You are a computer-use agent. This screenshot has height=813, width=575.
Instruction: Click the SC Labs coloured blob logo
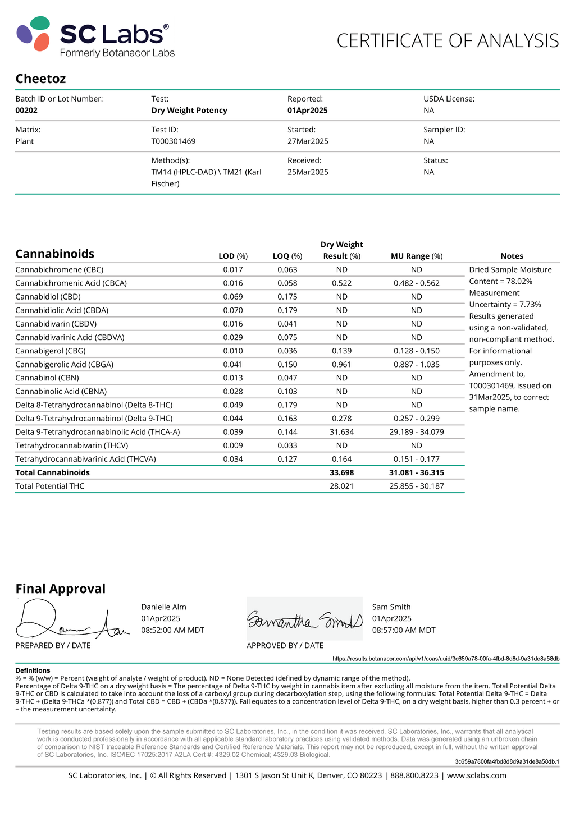pyautogui.click(x=34, y=34)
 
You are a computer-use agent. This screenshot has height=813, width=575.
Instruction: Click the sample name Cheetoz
pyautogui.click(x=40, y=79)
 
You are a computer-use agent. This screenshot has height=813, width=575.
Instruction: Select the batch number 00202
pyautogui.click(x=26, y=111)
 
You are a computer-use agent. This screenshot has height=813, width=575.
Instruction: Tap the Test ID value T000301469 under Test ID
pyautogui.click(x=174, y=141)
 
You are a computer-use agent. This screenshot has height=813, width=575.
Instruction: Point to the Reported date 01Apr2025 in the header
pyautogui.click(x=308, y=111)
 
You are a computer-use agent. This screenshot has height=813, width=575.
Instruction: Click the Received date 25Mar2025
pyautogui.click(x=308, y=172)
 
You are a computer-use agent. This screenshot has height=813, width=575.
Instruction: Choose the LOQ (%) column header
pyautogui.click(x=287, y=256)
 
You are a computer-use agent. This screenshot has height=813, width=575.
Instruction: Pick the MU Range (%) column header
pyautogui.click(x=417, y=256)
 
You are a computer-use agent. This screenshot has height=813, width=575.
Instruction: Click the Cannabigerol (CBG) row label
pyautogui.click(x=51, y=351)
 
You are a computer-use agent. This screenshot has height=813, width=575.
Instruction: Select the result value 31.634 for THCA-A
pyautogui.click(x=341, y=432)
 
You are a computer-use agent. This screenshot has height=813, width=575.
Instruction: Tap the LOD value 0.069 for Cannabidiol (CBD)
pyautogui.click(x=233, y=297)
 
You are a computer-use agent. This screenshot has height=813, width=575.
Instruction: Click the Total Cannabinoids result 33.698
pyautogui.click(x=341, y=473)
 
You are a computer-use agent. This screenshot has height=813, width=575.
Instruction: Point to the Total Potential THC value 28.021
pyautogui.click(x=341, y=486)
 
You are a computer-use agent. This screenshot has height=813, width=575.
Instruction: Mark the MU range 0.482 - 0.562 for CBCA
pyautogui.click(x=417, y=283)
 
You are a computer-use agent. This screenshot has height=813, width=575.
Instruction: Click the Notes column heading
pyautogui.click(x=512, y=256)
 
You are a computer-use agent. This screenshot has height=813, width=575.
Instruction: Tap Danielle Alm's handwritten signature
pyautogui.click(x=70, y=620)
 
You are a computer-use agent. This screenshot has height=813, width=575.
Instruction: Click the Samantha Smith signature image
pyautogui.click(x=304, y=620)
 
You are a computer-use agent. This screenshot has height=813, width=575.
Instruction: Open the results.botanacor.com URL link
pyautogui.click(x=446, y=659)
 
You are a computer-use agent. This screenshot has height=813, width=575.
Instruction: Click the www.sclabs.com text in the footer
pyautogui.click(x=477, y=775)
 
